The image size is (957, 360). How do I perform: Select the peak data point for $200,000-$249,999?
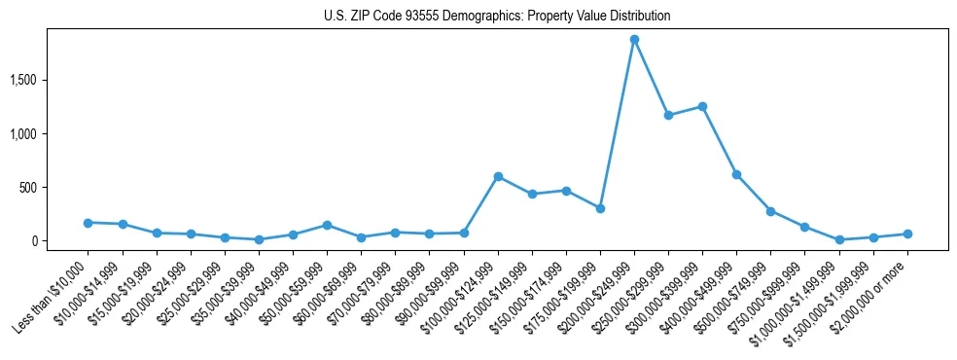click(x=634, y=40)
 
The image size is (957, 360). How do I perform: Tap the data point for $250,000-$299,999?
click(x=668, y=115)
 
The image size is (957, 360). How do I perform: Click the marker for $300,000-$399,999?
click(x=702, y=106)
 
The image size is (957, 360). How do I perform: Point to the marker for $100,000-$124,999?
click(x=498, y=176)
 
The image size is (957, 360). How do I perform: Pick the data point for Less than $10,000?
click(x=89, y=223)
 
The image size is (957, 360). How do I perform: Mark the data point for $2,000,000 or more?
click(x=907, y=234)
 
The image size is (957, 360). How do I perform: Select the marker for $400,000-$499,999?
click(x=736, y=174)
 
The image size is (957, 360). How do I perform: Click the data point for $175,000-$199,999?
click(x=600, y=208)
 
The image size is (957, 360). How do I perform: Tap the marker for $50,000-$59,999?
click(x=327, y=225)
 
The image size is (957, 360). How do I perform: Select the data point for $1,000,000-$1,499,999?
click(x=839, y=239)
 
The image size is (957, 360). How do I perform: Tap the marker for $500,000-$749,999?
click(x=770, y=210)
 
